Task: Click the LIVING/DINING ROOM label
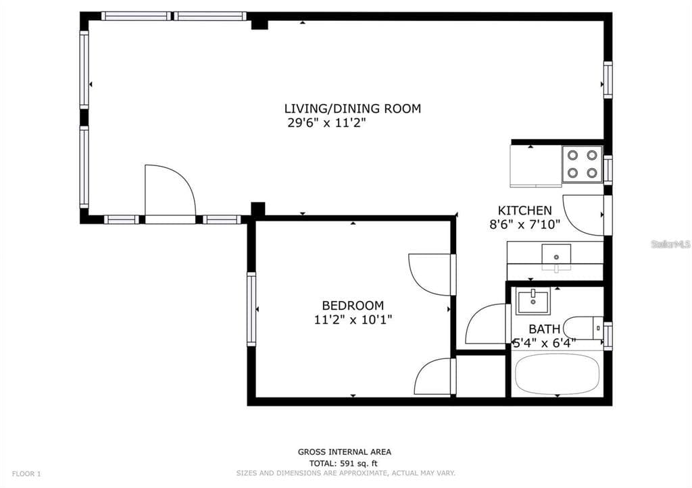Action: [x=352, y=109]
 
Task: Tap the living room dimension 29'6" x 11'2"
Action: [x=327, y=123]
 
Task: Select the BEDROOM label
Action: [x=353, y=306]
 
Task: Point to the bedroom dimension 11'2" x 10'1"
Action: [x=353, y=319]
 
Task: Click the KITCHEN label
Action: [x=524, y=211]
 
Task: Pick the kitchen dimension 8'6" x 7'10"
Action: [x=524, y=225]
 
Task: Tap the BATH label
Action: [x=544, y=329]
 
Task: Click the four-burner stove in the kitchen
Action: [x=582, y=163]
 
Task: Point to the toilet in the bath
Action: [x=583, y=328]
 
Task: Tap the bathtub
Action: [x=557, y=375]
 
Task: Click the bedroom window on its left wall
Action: [x=251, y=309]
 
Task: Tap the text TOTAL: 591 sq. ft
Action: [x=343, y=463]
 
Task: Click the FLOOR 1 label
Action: [x=26, y=474]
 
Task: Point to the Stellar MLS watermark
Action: [x=670, y=244]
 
